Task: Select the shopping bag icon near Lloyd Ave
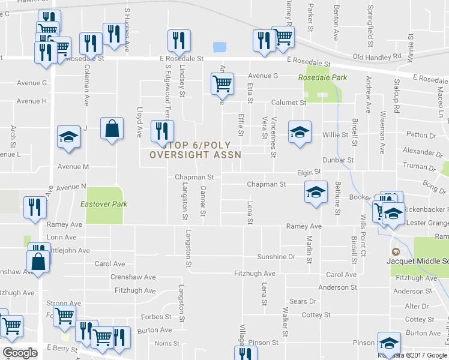[112, 128]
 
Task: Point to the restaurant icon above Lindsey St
[179, 40]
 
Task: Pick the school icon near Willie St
[300, 131]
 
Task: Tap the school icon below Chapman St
[316, 191]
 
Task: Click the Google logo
[20, 353]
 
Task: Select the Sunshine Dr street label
[276, 257]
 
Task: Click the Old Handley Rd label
[376, 57]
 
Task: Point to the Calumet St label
[289, 103]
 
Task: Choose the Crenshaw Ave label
[133, 277]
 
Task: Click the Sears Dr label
[303, 301]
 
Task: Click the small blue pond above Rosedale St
[220, 47]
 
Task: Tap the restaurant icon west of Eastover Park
[34, 207]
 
